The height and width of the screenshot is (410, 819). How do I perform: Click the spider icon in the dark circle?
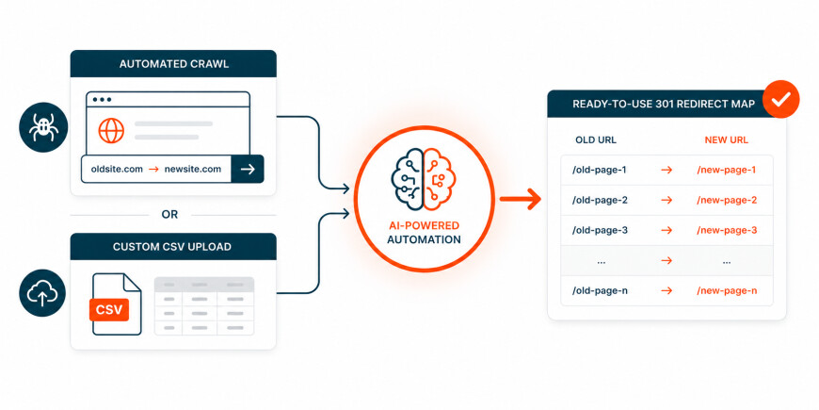[43, 127]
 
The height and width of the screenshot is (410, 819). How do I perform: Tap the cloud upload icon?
[42, 293]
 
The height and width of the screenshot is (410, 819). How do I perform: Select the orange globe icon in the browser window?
[111, 130]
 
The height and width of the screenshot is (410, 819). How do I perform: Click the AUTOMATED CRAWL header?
[173, 64]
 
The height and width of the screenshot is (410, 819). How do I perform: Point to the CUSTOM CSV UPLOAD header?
[172, 247]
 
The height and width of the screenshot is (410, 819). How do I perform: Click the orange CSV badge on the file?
[109, 309]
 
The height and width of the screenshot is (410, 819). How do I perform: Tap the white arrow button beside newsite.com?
[248, 169]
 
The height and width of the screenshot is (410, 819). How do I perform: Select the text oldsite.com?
[117, 169]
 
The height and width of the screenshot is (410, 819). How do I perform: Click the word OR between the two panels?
[169, 214]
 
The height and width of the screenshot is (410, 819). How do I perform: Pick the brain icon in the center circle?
[424, 179]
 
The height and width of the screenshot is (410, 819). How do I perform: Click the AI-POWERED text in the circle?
[423, 226]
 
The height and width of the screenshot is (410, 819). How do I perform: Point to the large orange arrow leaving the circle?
[521, 199]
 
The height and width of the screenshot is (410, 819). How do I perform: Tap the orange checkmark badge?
[780, 99]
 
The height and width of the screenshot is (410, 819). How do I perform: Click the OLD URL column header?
[596, 139]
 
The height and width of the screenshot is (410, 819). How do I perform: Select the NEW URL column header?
[726, 139]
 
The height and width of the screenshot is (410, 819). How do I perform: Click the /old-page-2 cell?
[600, 201]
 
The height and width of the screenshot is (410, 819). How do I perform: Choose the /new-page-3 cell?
[727, 230]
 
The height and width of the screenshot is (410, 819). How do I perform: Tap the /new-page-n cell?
[727, 290]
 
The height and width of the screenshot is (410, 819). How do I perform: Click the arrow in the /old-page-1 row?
[666, 170]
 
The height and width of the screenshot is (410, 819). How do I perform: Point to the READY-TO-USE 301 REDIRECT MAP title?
[664, 104]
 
